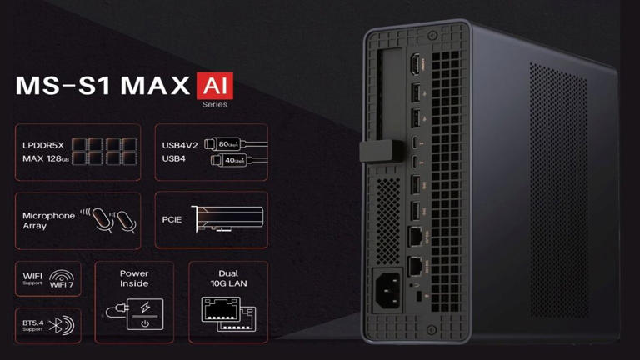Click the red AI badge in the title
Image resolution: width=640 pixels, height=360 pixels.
pos(215,87)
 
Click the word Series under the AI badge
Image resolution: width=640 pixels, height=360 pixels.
pos(215,105)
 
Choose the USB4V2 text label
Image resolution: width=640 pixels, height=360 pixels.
pos(180,145)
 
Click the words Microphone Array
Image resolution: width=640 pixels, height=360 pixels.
pos(48,220)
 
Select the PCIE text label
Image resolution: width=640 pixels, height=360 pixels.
pos(172,221)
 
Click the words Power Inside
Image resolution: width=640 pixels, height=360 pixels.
pos(134,278)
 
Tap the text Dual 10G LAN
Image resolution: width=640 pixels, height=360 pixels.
pos(227,278)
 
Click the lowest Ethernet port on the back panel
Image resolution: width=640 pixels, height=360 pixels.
pos(415,266)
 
